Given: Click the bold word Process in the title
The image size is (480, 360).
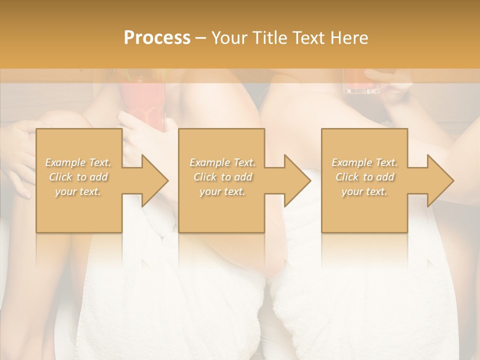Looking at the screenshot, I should (157, 38).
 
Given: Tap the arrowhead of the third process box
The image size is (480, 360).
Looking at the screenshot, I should (439, 180).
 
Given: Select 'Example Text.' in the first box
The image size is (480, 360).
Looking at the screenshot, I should (78, 162).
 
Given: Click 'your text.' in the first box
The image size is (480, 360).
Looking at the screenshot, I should (78, 191).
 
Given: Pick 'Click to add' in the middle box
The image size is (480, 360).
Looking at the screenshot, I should (222, 177).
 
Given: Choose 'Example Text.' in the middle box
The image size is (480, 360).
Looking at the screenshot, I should (222, 162).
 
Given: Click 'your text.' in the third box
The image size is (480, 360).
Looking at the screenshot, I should (364, 191).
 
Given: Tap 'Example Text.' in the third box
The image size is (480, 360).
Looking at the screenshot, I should (364, 162).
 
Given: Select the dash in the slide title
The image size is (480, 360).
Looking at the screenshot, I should (200, 38).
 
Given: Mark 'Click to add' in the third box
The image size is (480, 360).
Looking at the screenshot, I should (364, 177).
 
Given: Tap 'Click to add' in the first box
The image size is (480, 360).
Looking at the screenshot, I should (78, 177).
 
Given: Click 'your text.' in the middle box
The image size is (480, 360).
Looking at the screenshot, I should (222, 191).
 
